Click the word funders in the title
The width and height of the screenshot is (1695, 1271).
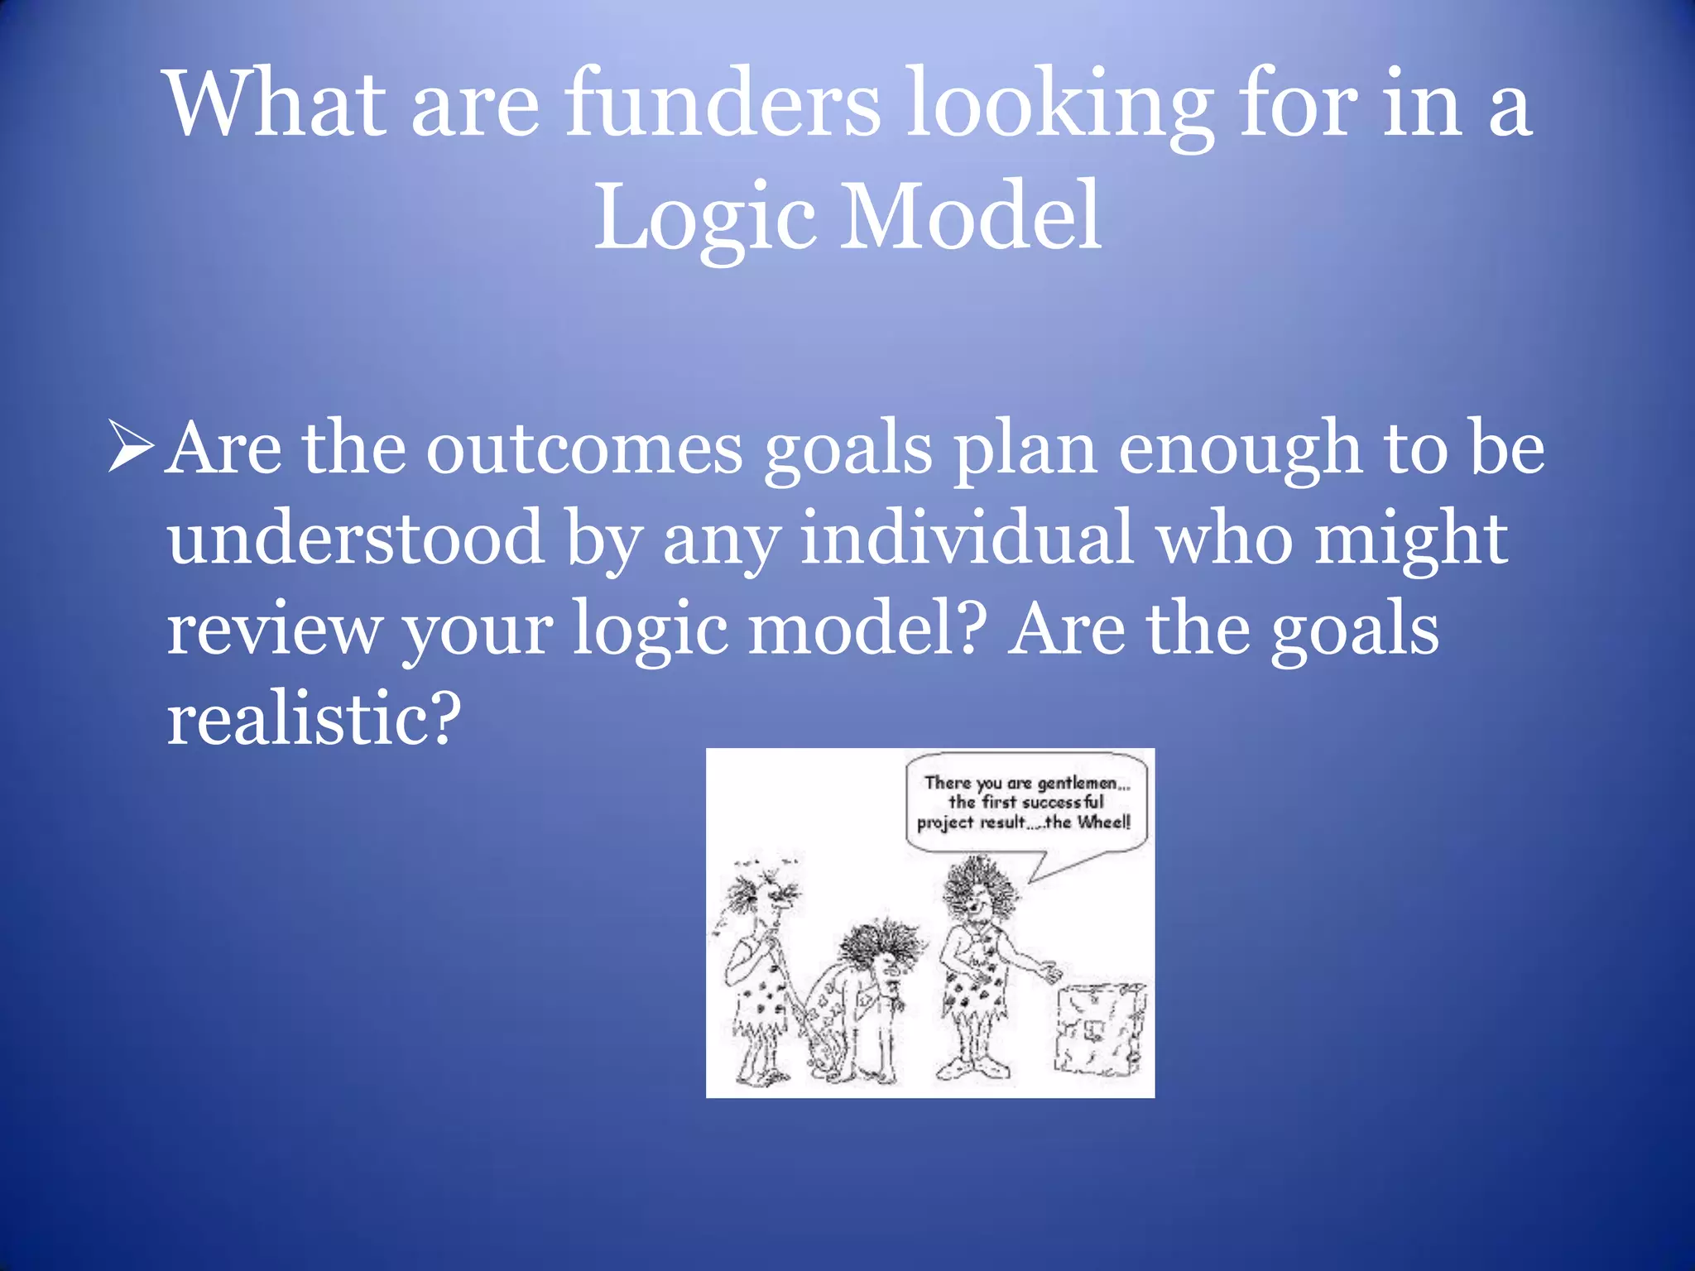point(722,106)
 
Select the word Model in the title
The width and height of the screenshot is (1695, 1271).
point(970,217)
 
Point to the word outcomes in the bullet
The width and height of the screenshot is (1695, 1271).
point(584,450)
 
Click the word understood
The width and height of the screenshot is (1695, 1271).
point(356,540)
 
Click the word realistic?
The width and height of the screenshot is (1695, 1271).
point(313,718)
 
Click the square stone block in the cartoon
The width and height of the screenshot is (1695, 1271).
point(1101,1030)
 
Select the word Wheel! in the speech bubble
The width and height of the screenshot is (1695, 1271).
point(1103,823)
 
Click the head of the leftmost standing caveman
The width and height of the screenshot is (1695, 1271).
point(766,898)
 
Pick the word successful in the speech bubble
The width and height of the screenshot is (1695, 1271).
point(1062,803)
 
